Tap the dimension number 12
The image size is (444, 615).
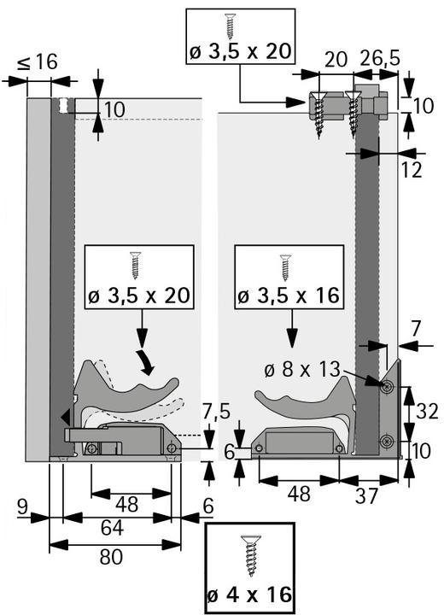pyautogui.click(x=412, y=170)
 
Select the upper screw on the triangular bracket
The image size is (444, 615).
pyautogui.click(x=388, y=388)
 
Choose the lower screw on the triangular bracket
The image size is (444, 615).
pyautogui.click(x=388, y=441)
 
